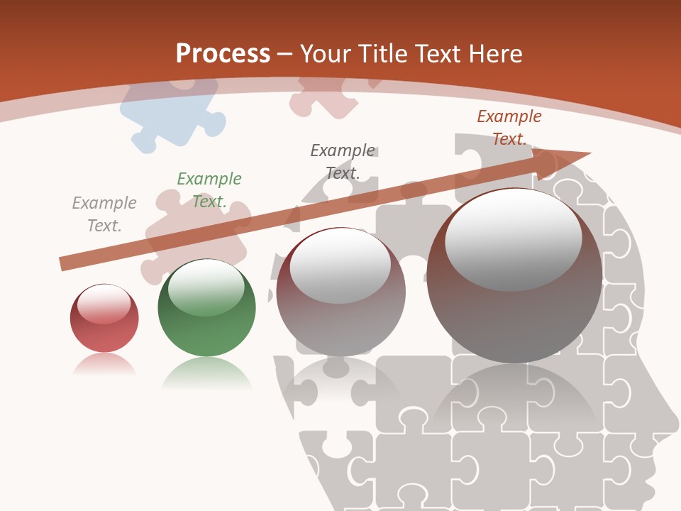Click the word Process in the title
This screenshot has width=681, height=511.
[223, 53]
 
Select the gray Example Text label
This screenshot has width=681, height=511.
[104, 214]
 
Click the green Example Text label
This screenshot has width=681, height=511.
[209, 189]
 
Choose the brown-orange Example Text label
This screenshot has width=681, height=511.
[509, 127]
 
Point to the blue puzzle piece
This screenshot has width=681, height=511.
[170, 114]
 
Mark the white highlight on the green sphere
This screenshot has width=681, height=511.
[206, 287]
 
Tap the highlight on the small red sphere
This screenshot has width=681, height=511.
[104, 304]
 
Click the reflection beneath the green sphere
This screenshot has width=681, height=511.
[206, 375]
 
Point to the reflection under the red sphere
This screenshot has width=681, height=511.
[104, 366]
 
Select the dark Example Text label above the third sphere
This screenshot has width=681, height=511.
[343, 161]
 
